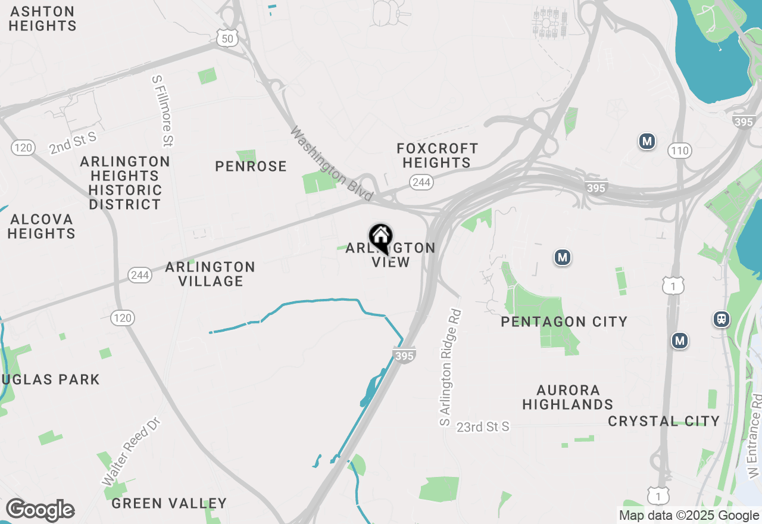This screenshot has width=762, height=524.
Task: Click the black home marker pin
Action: tap(380, 238)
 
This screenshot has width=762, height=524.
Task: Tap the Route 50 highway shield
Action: tap(228, 38)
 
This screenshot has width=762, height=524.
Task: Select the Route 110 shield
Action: tap(679, 150)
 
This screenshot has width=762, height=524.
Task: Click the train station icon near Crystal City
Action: tap(722, 319)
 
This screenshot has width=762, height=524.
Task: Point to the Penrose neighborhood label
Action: tap(251, 166)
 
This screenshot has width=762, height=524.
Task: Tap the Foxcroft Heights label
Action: tap(438, 155)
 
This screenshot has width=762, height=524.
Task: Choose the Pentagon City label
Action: tap(564, 322)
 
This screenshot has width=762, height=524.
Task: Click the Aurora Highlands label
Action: tap(567, 397)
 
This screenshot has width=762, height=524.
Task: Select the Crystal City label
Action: tap(664, 421)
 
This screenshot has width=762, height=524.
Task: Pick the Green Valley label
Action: tap(169, 504)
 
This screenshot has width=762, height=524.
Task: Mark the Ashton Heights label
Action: tap(42, 18)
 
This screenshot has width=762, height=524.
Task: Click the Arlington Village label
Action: tap(210, 274)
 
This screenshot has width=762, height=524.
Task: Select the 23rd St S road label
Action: tap(483, 427)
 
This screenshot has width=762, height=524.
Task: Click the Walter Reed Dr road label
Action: tap(131, 451)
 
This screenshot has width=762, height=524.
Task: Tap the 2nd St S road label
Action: tap(72, 144)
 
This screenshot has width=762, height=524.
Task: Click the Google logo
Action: tap(40, 510)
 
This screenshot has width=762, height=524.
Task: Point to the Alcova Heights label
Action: tap(41, 226)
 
